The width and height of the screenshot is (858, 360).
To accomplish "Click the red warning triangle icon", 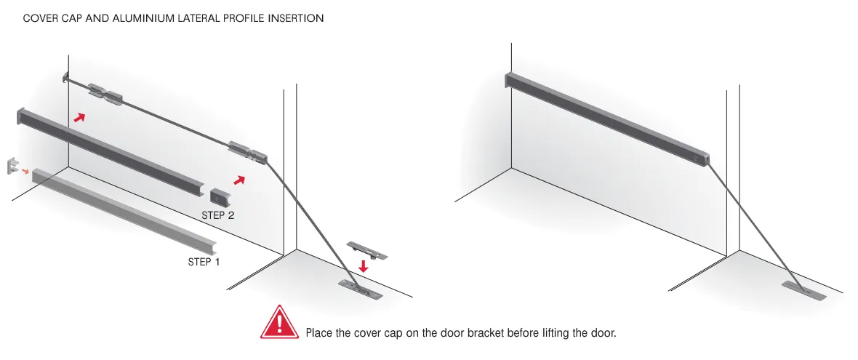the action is pos(280,323).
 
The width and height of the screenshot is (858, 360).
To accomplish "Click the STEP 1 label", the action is pos(204,262).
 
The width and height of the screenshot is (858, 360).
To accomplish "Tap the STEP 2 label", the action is pos(218,215).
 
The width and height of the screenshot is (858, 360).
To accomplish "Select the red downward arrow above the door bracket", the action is pos(363,266).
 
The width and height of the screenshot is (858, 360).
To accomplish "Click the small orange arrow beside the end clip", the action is pos(25,171).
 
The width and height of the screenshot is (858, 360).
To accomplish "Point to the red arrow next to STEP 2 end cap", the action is pos(239,180).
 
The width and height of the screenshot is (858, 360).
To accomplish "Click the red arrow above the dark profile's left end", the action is pos(80,117).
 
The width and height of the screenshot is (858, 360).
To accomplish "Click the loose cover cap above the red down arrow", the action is pos(366,249).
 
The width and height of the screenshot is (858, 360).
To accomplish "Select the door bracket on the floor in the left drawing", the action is pos(361,290).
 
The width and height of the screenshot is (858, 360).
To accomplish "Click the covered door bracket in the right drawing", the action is pos(803,290).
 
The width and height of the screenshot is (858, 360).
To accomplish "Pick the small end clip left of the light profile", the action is pos(12,167).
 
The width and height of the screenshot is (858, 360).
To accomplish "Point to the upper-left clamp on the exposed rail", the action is pos(105,94).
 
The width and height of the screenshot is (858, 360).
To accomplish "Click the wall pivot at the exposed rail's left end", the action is pos(65,78).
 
